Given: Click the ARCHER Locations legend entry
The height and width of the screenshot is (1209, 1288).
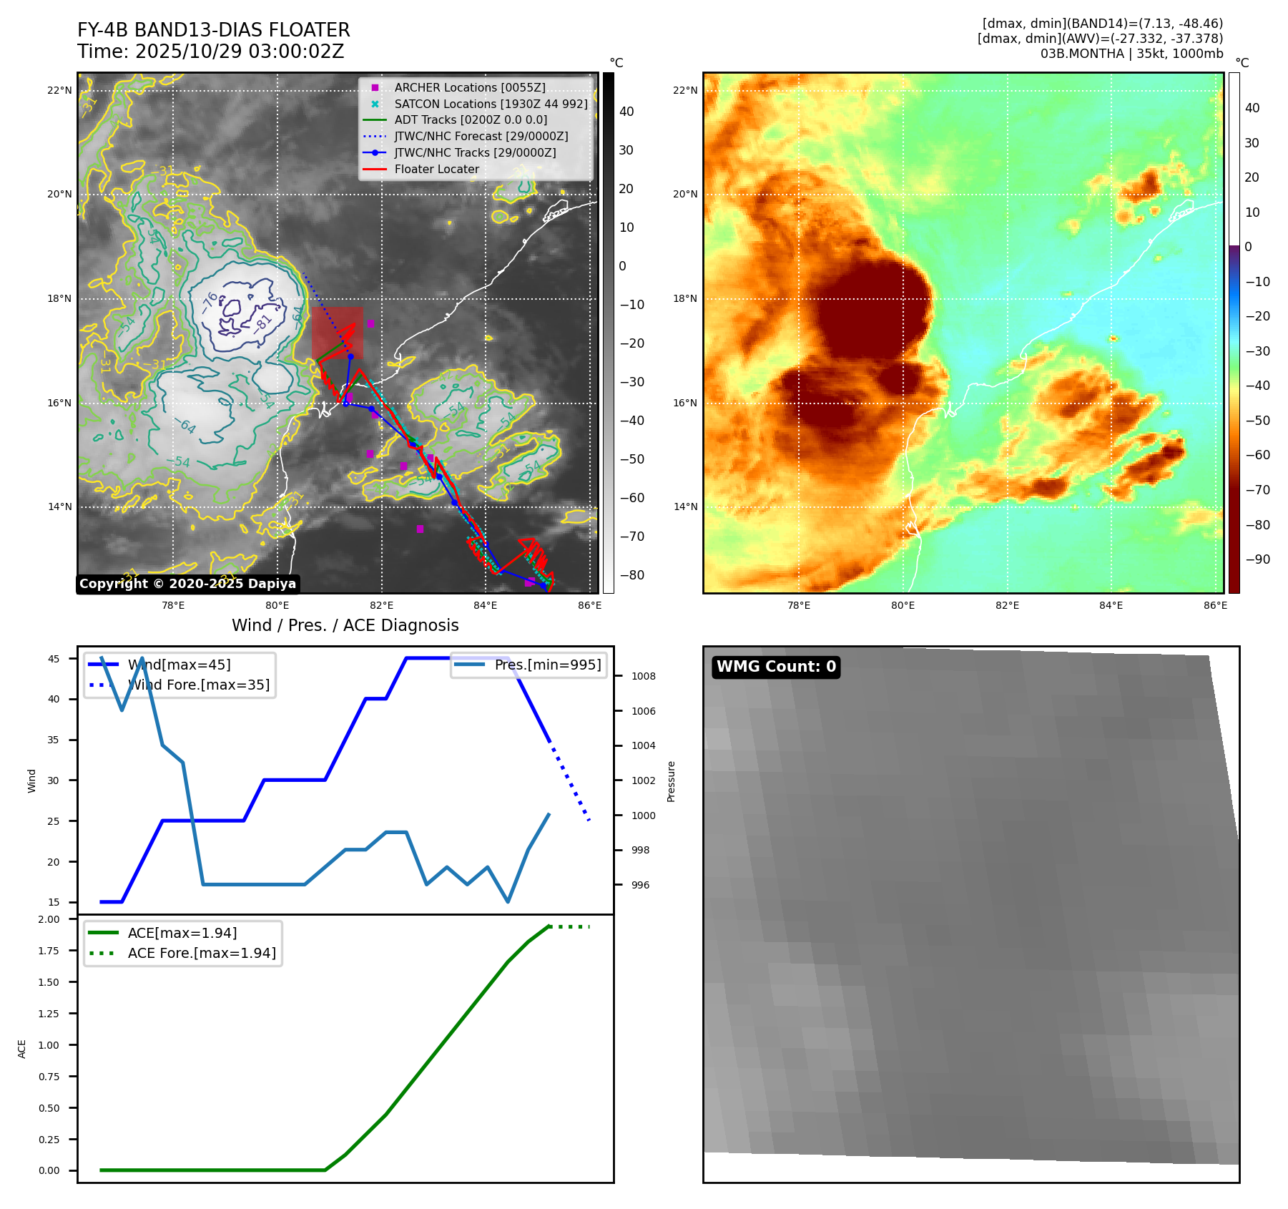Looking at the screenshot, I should tap(469, 87).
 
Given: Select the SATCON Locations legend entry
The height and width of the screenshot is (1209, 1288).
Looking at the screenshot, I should tap(491, 104).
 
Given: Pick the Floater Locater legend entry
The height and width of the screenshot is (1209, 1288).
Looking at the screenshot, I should tap(436, 169).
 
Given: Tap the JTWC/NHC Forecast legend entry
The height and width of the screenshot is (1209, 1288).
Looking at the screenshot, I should tap(481, 136).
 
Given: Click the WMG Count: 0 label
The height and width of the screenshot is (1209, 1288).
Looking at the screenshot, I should tap(776, 667).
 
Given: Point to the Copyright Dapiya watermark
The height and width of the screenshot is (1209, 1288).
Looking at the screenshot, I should tap(187, 584).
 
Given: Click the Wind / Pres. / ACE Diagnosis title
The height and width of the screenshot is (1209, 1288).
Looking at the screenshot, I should tap(345, 625).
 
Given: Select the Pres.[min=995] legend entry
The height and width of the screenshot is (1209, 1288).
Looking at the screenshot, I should tap(548, 665).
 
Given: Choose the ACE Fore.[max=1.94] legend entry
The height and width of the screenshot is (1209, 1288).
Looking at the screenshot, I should tap(201, 953).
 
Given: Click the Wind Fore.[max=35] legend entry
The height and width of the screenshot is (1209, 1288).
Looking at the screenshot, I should tap(198, 685).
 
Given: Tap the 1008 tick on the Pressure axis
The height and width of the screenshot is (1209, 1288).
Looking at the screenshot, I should tap(643, 676).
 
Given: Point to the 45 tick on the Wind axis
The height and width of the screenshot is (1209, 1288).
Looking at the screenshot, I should tap(54, 659).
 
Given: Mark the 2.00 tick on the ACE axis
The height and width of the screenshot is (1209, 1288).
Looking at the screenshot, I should tap(49, 919).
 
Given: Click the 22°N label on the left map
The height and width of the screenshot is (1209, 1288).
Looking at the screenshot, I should tap(59, 90).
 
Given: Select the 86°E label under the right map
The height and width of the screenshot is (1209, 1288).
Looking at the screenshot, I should tap(1215, 605).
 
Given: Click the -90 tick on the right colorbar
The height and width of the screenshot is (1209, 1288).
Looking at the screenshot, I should tap(1257, 559).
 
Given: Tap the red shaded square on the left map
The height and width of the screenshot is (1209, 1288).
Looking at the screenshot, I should tap(337, 333).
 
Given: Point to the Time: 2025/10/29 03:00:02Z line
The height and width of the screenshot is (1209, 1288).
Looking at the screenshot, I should tap(211, 52).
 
